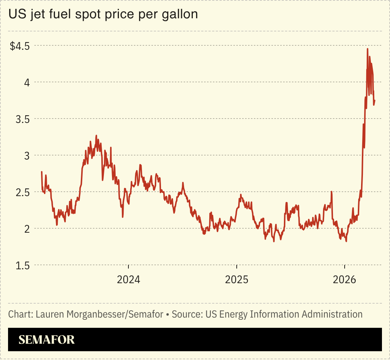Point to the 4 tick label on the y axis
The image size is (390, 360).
[27, 82]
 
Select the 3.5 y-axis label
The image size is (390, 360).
[23, 119]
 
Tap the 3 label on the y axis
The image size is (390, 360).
[27, 155]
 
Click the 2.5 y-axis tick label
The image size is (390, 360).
[23, 192]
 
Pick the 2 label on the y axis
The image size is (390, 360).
[27, 229]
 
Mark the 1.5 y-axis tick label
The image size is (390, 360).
[23, 265]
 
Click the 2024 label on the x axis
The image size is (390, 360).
[128, 280]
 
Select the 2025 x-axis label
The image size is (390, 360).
[237, 280]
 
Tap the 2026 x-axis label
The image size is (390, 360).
[345, 280]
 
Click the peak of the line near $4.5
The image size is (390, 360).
[367, 49]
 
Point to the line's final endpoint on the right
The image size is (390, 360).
[375, 101]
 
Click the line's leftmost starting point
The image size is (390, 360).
[42, 172]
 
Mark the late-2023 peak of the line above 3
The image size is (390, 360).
[97, 136]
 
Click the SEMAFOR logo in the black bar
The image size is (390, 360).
[46, 340]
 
